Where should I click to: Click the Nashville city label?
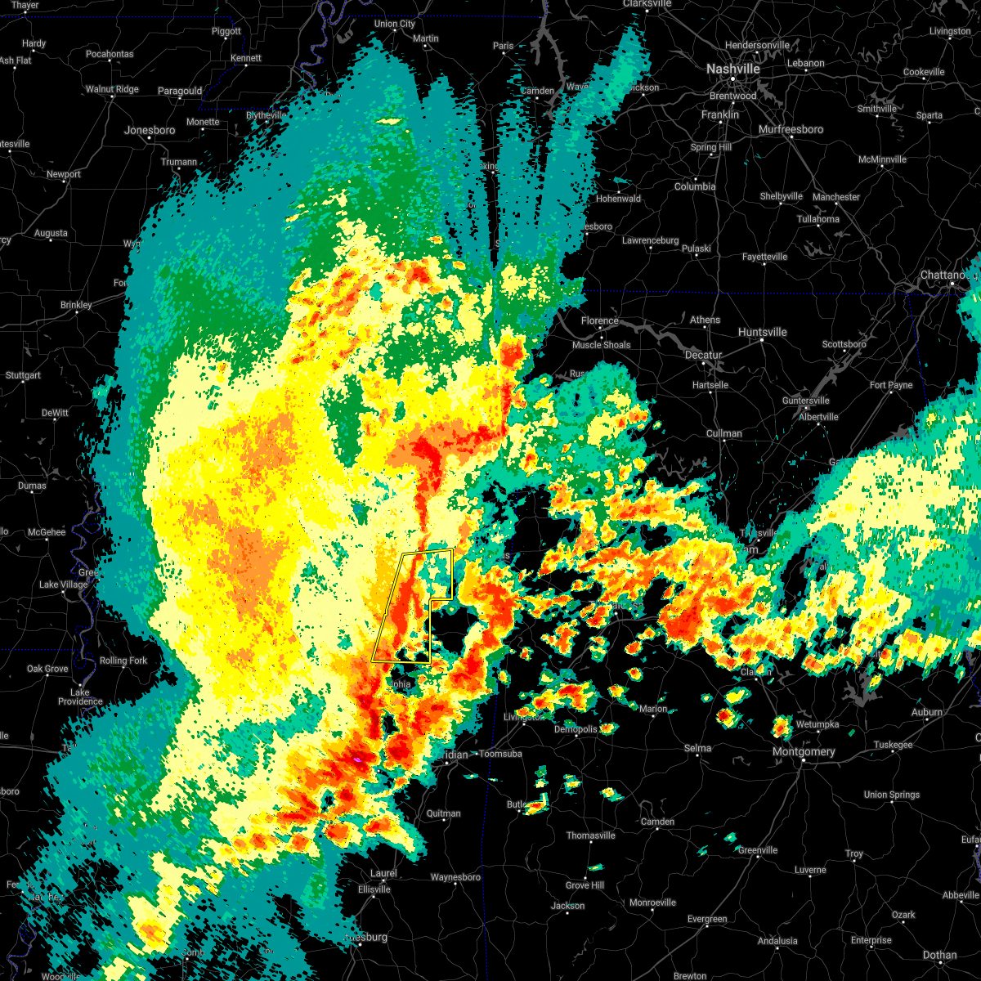(x=733, y=69)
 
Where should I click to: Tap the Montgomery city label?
(x=804, y=752)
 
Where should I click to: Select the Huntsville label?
(x=762, y=332)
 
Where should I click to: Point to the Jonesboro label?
(x=150, y=131)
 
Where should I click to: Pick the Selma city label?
(x=697, y=748)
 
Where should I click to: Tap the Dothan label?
(x=939, y=955)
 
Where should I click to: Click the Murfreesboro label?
(x=791, y=129)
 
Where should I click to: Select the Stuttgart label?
(x=23, y=376)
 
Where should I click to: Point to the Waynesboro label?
(x=455, y=877)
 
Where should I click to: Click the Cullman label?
(x=723, y=433)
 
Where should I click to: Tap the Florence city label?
(x=599, y=320)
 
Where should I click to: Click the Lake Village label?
(x=63, y=585)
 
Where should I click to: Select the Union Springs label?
(x=892, y=795)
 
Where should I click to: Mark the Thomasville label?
(x=591, y=835)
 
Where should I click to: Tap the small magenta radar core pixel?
(x=357, y=760)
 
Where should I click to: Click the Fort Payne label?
(x=891, y=385)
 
